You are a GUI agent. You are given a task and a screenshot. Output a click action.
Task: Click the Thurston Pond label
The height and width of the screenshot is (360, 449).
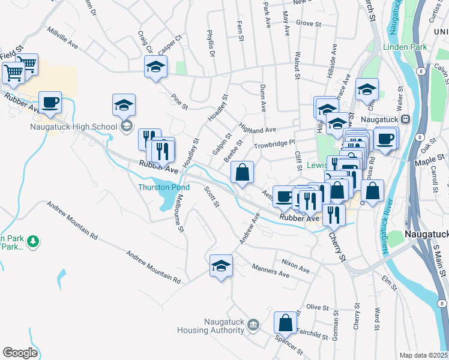coord(164,187)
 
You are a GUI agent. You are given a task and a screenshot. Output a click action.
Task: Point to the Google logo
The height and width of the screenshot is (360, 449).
coord(20,352)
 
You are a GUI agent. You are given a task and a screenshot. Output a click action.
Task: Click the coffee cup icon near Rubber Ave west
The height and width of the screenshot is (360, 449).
coord(50,103)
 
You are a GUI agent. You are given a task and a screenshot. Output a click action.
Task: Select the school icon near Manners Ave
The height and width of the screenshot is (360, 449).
coord(221,266)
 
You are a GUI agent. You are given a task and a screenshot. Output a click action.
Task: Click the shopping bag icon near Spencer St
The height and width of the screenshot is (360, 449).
coord(286,323)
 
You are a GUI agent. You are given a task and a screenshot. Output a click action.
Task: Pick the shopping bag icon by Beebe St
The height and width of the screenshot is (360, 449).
coord(242,173)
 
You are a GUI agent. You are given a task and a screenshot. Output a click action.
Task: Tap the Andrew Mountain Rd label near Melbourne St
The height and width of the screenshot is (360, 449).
coord(153,267)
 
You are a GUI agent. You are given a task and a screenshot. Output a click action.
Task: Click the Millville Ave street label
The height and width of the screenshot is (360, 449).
coord(63,37)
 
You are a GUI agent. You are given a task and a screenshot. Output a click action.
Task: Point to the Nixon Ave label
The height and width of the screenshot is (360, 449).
coord(295,266)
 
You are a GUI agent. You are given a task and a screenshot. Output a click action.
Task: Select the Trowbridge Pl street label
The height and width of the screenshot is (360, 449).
coord(276,143)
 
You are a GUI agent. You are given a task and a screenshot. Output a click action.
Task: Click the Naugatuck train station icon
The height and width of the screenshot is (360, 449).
coord(406,119)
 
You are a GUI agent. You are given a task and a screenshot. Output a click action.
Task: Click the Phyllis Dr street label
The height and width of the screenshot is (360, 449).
coord(211,43)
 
